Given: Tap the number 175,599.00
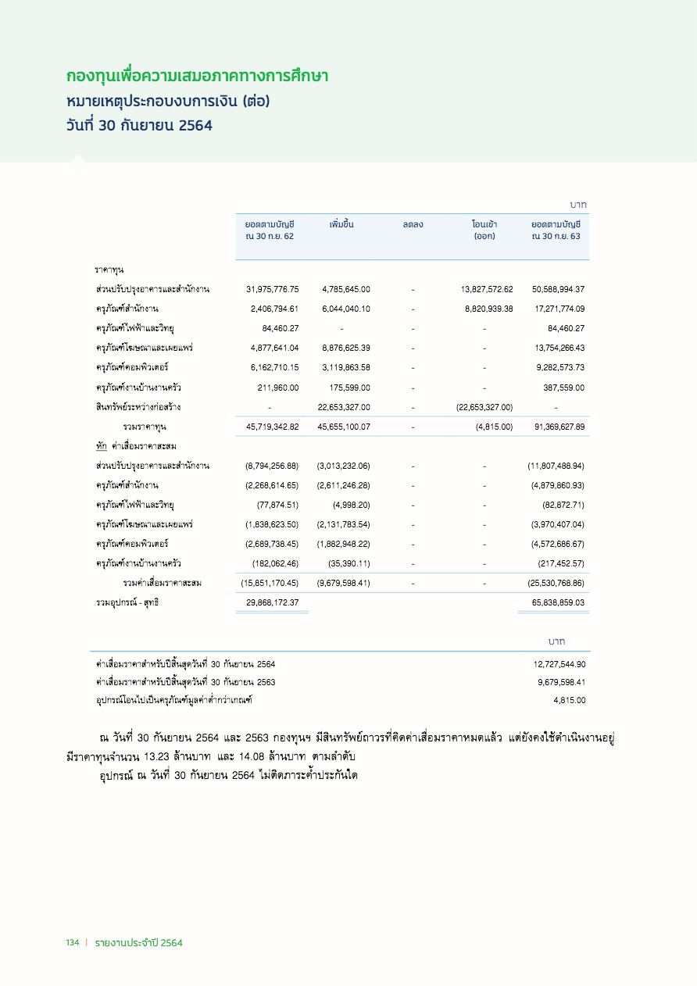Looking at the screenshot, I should point(348,388).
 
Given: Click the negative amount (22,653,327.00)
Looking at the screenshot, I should point(484,407).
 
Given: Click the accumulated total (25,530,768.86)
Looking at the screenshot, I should point(556,583).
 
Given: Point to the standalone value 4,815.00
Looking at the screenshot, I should point(570,700).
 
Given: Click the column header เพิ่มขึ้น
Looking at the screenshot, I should point(341,225).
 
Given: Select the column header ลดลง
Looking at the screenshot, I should point(413,225).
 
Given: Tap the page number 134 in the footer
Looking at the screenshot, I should point(73,943).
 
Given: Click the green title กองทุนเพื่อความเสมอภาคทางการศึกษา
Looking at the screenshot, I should point(197,77).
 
